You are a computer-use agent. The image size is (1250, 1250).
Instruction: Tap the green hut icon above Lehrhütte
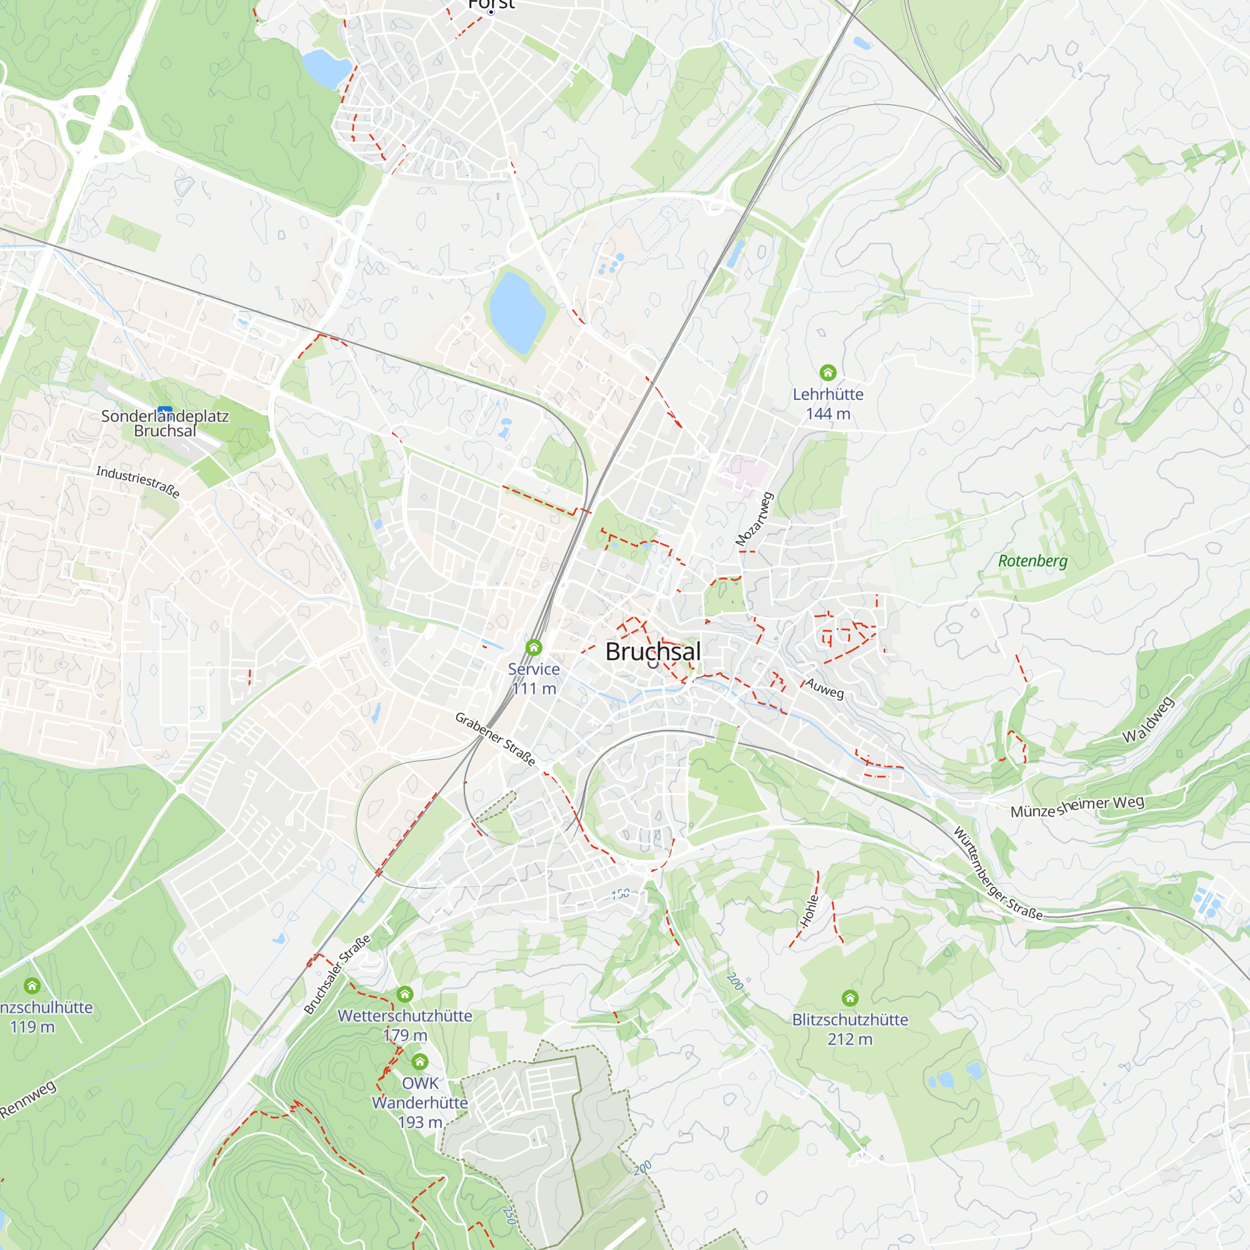click(x=827, y=372)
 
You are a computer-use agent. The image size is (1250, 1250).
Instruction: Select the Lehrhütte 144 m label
click(x=827, y=404)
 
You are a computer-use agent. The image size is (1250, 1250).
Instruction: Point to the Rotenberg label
click(x=1032, y=561)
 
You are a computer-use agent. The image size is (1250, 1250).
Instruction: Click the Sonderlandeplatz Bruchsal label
click(x=165, y=423)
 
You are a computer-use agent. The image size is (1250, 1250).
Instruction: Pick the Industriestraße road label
click(x=137, y=482)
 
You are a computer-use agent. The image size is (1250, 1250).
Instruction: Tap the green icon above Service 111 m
click(x=533, y=647)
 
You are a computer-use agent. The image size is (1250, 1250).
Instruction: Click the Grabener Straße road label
click(x=496, y=739)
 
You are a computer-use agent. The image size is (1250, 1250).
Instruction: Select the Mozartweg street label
click(x=754, y=519)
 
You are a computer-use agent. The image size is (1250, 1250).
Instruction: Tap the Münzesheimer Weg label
click(x=1077, y=807)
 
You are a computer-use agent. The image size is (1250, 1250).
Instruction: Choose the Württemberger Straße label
click(x=997, y=874)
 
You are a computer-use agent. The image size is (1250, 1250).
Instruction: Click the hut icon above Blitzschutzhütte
click(x=849, y=997)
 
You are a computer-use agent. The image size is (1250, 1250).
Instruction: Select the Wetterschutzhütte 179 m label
click(x=405, y=1026)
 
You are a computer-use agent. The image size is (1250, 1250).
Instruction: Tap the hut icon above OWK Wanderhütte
click(x=420, y=1061)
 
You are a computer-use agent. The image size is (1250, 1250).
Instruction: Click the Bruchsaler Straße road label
click(x=337, y=974)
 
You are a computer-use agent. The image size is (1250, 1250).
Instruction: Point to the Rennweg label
click(x=29, y=1099)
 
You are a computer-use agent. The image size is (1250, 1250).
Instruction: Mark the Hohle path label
click(x=809, y=911)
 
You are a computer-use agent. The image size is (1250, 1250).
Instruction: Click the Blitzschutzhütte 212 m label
click(x=849, y=1029)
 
